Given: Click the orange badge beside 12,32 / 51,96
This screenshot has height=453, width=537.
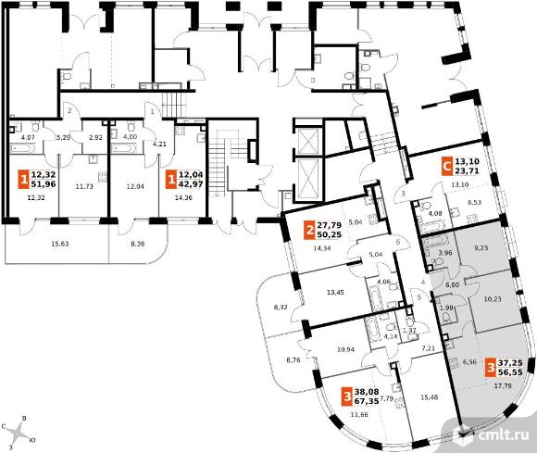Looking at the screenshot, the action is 23,179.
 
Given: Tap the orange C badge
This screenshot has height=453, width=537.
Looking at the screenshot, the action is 446,166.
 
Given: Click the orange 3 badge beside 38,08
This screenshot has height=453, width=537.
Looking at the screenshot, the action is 347,396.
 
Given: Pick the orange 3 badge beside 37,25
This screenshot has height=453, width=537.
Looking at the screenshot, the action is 491,368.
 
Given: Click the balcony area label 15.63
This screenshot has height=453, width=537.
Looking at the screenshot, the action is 60,244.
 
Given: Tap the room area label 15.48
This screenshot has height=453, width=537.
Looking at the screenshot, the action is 429,397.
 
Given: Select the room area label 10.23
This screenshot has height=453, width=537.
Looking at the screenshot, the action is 493,299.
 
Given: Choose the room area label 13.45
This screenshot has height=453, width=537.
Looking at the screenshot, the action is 335,293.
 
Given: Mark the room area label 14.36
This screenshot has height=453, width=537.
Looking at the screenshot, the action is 183,197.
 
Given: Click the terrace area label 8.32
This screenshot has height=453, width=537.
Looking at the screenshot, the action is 281,308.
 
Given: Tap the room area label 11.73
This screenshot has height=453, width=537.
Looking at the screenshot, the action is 84,186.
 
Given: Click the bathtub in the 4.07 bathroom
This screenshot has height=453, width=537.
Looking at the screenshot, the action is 22,148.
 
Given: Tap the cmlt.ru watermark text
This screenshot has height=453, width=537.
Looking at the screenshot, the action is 503,435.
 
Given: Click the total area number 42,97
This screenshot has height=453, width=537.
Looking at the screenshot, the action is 190,183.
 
